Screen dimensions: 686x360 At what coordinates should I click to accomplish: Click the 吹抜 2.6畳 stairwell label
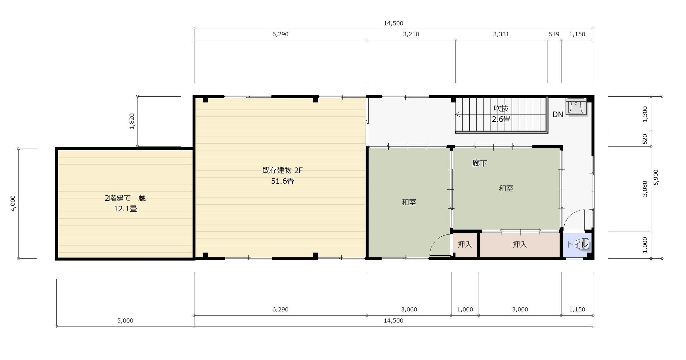tap(501, 114)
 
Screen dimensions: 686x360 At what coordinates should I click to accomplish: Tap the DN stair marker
tap(558, 114)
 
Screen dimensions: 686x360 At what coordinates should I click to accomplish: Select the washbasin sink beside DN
tap(576, 106)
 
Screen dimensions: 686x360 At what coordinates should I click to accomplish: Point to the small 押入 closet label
tap(465, 244)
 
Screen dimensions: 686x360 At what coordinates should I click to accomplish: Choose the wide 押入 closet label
tap(520, 244)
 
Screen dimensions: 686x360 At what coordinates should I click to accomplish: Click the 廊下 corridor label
tap(479, 163)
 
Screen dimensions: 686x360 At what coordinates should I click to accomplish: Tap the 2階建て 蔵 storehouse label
tap(125, 198)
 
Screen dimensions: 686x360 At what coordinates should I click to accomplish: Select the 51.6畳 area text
tap(282, 181)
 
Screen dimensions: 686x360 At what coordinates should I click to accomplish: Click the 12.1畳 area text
tap(125, 209)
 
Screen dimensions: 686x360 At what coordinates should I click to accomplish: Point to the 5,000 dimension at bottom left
tap(125, 321)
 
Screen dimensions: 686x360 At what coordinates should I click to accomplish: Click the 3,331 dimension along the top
tap(501, 34)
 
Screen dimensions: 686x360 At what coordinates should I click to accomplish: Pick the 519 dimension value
tap(554, 34)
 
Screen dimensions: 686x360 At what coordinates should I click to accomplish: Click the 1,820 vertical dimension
tap(132, 121)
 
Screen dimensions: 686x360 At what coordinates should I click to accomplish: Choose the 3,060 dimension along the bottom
tap(409, 309)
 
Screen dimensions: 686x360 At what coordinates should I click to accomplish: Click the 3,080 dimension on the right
tap(645, 189)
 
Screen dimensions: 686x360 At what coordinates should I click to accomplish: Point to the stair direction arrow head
tap(458, 114)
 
